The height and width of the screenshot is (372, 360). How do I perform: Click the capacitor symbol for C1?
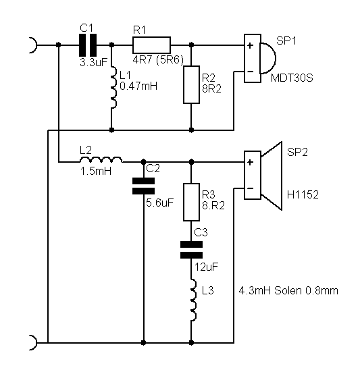click(88, 45)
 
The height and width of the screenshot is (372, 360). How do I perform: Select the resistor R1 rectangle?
click(151, 45)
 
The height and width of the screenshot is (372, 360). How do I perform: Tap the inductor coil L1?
click(113, 88)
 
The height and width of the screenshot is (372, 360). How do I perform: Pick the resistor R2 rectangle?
click(191, 84)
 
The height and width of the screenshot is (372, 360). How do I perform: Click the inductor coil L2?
click(101, 159)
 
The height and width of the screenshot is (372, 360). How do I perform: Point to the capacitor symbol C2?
click(143, 186)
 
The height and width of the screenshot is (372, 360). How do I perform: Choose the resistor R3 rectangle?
click(191, 202)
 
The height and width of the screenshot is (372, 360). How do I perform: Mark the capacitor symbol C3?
click(191, 250)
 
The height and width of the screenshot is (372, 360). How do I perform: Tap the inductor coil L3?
click(194, 300)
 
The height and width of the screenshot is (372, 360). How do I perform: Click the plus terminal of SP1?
click(250, 45)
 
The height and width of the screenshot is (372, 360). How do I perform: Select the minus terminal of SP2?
click(250, 188)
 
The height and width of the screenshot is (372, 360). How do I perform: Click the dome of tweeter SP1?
click(268, 58)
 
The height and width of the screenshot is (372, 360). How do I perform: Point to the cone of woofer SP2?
click(272, 176)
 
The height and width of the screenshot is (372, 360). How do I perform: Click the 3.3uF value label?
click(94, 62)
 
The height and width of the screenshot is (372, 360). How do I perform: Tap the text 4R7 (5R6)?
click(158, 60)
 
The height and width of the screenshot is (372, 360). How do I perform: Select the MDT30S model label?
click(292, 78)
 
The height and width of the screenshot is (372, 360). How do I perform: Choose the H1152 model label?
click(303, 194)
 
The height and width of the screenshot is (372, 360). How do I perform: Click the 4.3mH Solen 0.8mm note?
click(288, 290)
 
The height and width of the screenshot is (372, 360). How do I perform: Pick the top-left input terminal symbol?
click(33, 45)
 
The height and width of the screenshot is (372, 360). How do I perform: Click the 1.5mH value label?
click(96, 171)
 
